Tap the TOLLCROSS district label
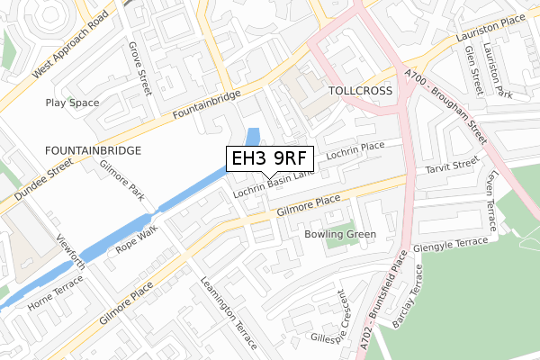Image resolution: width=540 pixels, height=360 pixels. pyautogui.click(x=361, y=92)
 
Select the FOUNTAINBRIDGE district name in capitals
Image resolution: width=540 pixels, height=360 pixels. pyautogui.click(x=93, y=150)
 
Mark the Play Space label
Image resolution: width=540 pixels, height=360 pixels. pyautogui.click(x=72, y=103)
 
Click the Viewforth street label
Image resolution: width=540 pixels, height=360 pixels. pyautogui.click(x=71, y=247)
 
